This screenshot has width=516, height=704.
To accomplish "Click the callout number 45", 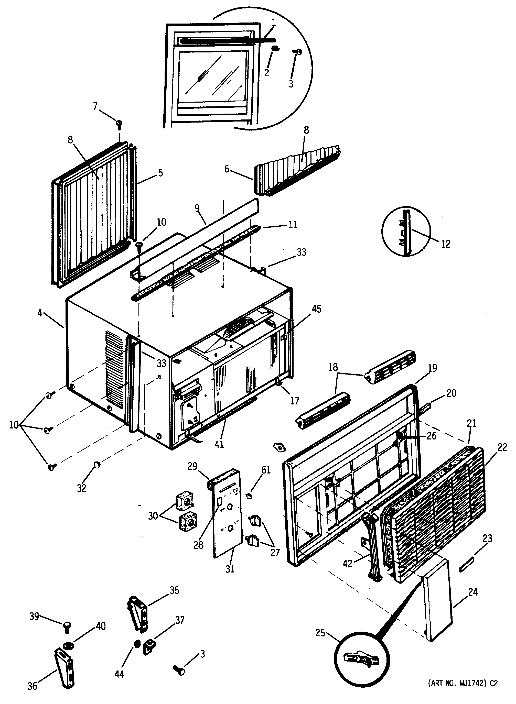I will click(x=316, y=309).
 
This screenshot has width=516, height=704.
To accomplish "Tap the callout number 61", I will click(x=266, y=470).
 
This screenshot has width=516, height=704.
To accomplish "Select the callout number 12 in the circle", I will click(x=445, y=244).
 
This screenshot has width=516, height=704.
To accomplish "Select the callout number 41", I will click(x=219, y=444).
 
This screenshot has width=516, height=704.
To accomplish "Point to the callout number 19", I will click(x=432, y=368).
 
